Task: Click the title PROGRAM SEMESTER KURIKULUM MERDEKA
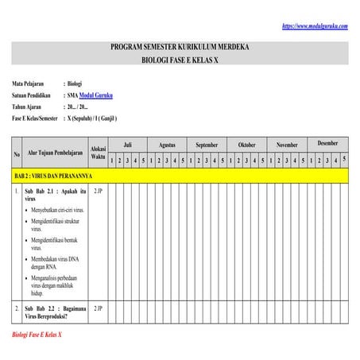[180, 48]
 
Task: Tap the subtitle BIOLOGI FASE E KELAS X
[180, 59]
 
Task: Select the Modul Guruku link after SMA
[100, 94]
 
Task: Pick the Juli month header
[128, 145]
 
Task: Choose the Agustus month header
[167, 145]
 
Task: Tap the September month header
[207, 145]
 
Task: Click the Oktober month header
[246, 145]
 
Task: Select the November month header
[286, 145]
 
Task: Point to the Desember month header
[327, 144]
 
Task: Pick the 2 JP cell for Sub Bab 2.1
[98, 192]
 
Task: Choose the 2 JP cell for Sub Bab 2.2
[98, 306]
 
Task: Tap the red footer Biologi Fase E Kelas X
[37, 335]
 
